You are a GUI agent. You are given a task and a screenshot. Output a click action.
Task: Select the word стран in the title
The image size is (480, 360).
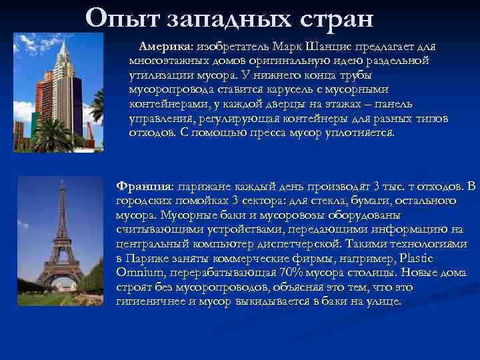click(x=333, y=17)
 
